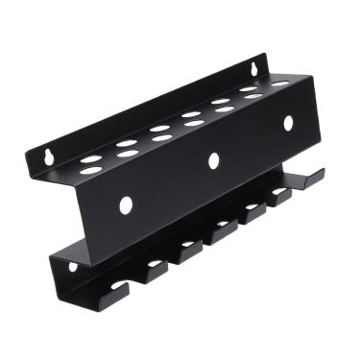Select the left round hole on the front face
[x=125, y=204]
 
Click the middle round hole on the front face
[x=214, y=160]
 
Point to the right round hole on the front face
[x=287, y=123]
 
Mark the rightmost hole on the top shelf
[x=279, y=84]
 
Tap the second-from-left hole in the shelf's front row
[x=127, y=155]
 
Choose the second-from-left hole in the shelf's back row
[x=126, y=144]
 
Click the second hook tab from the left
[x=154, y=271]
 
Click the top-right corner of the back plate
[x=265, y=56]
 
